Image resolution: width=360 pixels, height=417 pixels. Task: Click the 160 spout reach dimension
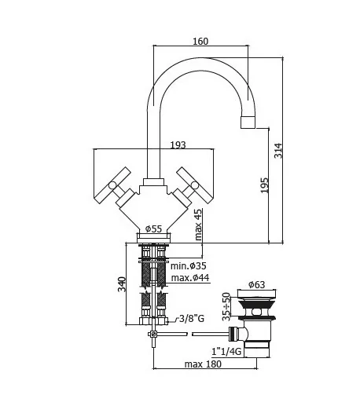tap(200, 41)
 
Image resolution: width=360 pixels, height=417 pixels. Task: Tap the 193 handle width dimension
tap(178, 145)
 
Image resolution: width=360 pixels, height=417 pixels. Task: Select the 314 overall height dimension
tap(278, 151)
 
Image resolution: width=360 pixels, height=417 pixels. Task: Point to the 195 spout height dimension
tap(264, 185)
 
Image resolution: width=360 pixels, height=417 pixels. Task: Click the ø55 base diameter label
tap(154, 229)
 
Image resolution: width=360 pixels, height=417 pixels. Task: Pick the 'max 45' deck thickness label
tap(198, 224)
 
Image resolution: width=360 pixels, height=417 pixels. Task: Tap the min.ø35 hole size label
tap(189, 265)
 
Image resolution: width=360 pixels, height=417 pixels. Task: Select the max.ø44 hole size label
tap(190, 278)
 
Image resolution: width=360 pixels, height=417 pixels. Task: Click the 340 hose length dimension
tap(122, 284)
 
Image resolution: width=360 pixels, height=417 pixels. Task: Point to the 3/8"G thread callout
tap(192, 318)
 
